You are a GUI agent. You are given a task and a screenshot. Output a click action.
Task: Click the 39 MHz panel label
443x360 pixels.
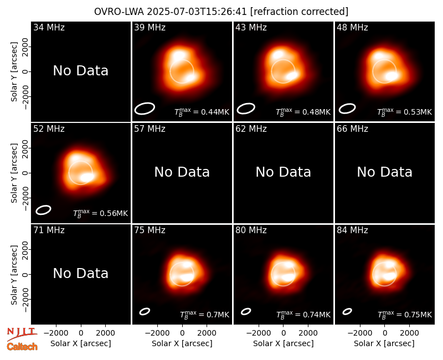click(150, 27)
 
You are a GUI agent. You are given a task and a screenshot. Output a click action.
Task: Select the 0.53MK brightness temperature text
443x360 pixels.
click(405, 112)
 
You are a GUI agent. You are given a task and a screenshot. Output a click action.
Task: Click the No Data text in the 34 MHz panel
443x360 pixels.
click(80, 71)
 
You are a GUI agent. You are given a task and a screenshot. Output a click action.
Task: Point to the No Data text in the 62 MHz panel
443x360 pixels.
click(284, 172)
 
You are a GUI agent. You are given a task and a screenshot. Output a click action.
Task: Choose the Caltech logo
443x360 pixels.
click(22, 347)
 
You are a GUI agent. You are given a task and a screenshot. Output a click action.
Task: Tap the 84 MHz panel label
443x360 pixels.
click(352, 230)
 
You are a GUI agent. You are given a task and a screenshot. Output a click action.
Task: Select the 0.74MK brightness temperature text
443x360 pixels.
click(303, 315)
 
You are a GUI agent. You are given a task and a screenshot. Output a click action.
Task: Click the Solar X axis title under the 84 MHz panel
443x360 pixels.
click(384, 343)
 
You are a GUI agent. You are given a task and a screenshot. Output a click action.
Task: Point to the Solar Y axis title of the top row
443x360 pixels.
click(14, 72)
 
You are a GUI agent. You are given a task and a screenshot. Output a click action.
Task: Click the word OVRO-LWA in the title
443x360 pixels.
click(119, 12)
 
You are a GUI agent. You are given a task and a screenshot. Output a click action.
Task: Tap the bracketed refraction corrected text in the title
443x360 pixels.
click(299, 12)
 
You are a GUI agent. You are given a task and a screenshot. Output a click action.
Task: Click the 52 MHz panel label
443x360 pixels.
click(49, 129)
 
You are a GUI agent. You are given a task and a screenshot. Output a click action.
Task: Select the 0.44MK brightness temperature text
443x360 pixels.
click(202, 112)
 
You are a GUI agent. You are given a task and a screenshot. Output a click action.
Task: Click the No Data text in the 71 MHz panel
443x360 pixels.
click(80, 274)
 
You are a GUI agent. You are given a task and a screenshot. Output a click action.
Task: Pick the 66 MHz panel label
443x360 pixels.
click(352, 129)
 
